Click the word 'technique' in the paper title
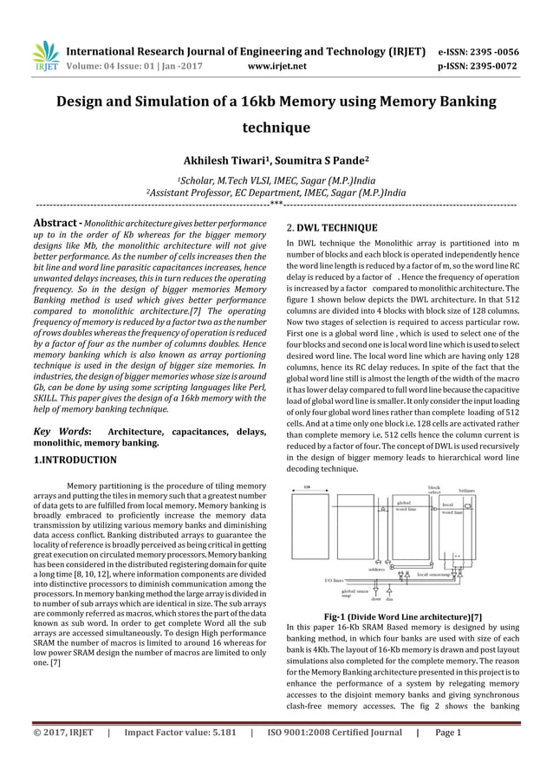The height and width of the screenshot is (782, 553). click(x=276, y=127)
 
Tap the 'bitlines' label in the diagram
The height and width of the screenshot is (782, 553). click(x=467, y=490)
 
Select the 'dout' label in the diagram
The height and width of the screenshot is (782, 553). click(x=375, y=599)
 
